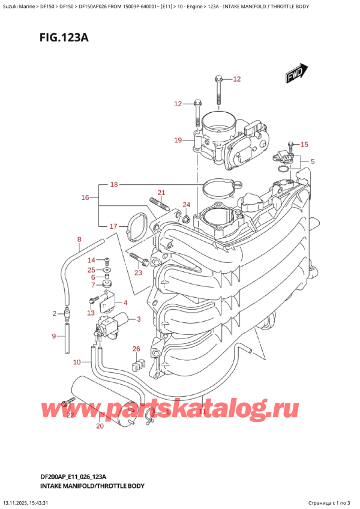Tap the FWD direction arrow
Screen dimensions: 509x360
(x=297, y=75)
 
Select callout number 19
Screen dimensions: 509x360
(x=178, y=140)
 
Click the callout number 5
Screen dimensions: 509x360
(x=312, y=161)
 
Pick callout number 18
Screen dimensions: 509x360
(x=115, y=185)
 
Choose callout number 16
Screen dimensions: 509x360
(x=85, y=197)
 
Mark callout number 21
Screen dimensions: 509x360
(x=161, y=192)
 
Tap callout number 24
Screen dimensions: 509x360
(x=186, y=205)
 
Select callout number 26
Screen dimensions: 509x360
(x=136, y=349)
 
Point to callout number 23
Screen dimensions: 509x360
(x=139, y=273)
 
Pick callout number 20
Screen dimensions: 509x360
(x=100, y=426)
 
